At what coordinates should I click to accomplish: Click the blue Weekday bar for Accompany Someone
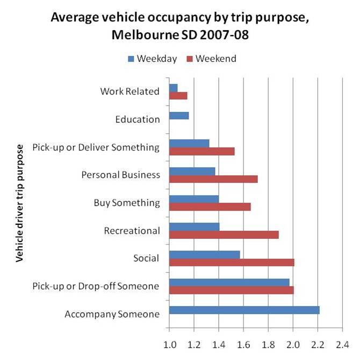coord(244,310)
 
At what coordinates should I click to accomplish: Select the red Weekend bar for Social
coord(232,262)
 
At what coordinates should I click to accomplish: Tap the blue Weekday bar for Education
coord(179,115)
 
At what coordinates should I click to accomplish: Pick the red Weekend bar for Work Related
coord(178,96)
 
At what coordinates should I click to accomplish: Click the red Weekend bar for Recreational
coord(224,235)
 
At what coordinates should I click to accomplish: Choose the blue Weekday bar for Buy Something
coord(194,199)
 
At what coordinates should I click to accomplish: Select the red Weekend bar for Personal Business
coord(213,179)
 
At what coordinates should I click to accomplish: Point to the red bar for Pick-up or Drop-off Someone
coord(231,290)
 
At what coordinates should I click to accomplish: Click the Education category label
coord(138,119)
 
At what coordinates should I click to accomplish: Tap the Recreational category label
coord(132,231)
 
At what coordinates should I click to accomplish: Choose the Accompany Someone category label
coord(112,314)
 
